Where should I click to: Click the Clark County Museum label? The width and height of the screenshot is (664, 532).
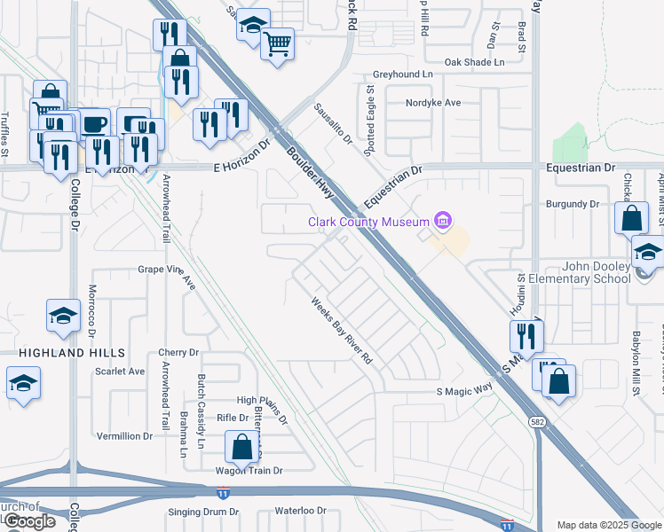click(368, 223)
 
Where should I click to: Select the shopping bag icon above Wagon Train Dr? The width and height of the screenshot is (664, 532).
click(241, 447)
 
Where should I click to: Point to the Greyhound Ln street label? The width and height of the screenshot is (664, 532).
click(402, 74)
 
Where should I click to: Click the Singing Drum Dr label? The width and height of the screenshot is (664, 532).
click(203, 512)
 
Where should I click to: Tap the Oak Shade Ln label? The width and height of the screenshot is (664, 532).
click(474, 62)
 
